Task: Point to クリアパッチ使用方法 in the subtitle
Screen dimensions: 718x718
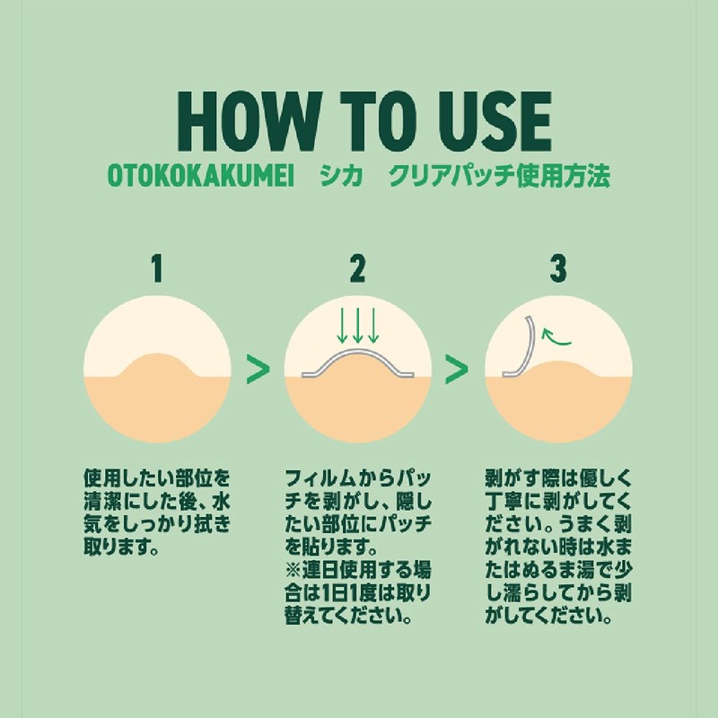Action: pos(500,177)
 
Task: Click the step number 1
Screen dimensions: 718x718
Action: pos(157,268)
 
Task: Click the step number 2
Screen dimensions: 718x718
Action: pos(358,268)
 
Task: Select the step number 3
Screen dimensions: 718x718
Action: pos(558,268)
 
